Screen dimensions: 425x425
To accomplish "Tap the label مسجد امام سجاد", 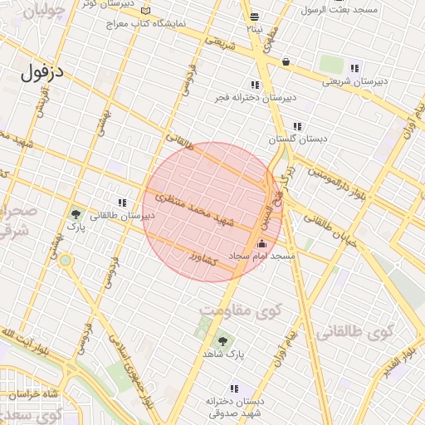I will pyautogui.click(x=263, y=257).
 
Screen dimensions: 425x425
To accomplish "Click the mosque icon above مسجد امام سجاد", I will pyautogui.click(x=262, y=243).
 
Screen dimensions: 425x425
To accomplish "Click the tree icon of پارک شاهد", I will pyautogui.click(x=222, y=340).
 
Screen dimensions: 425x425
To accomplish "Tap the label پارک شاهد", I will pyautogui.click(x=222, y=354).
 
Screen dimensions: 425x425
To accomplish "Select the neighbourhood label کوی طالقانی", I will pyautogui.click(x=352, y=333).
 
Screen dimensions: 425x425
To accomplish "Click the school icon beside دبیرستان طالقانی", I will pyautogui.click(x=122, y=203).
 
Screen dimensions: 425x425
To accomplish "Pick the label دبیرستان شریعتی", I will pyautogui.click(x=355, y=81).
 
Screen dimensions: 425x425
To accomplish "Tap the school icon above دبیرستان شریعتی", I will pyautogui.click(x=355, y=68).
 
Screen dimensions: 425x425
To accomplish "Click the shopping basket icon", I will pyautogui.click(x=286, y=61).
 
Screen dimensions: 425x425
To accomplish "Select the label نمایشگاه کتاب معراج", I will pyautogui.click(x=145, y=24).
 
